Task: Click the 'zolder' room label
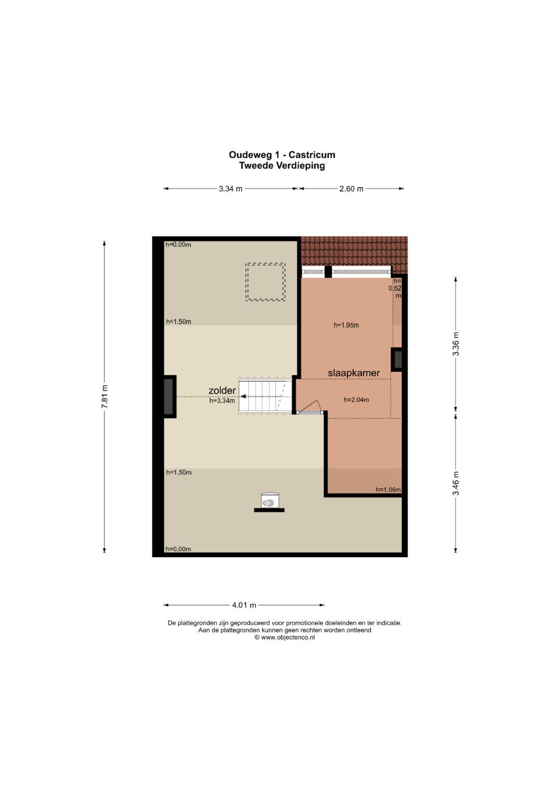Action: (222, 391)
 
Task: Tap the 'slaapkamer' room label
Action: (354, 373)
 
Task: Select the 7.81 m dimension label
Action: (105, 396)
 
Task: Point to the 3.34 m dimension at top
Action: (231, 189)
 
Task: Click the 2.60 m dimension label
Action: (351, 189)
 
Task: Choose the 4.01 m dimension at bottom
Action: (244, 605)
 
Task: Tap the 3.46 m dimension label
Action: (456, 483)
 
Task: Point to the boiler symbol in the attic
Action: (270, 502)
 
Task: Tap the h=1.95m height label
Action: (346, 325)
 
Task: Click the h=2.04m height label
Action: (356, 400)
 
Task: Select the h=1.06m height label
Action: (388, 490)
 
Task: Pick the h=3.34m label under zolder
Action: (222, 401)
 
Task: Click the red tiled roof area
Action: (354, 251)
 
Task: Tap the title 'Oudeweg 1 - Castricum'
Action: (282, 155)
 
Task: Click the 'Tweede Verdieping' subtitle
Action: (282, 165)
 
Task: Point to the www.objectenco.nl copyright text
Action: (285, 637)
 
